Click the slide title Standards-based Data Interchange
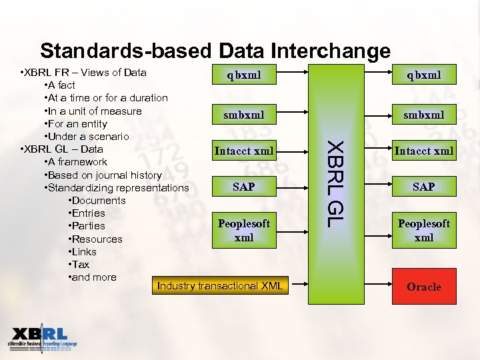tap(215, 51)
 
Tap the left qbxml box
tap(244, 75)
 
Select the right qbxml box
tap(424, 75)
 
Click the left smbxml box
tap(244, 115)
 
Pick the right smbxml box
tap(424, 115)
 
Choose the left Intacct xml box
tap(244, 151)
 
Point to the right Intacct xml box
tap(424, 151)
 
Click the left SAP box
tap(244, 187)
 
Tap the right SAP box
tap(424, 187)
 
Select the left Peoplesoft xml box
tap(244, 230)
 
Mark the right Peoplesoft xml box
tap(424, 230)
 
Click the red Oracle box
tap(424, 287)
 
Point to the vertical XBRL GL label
tap(337, 182)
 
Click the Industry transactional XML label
tap(219, 286)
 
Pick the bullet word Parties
tap(88, 226)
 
